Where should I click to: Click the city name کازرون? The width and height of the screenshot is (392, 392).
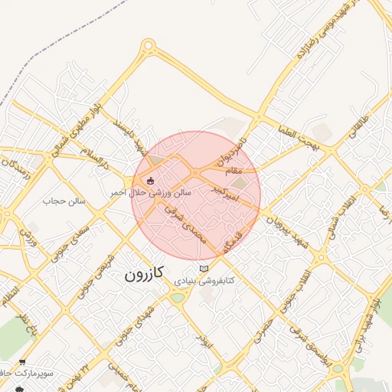click(145, 273)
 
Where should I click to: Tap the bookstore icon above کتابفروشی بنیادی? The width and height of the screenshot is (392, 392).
click(203, 269)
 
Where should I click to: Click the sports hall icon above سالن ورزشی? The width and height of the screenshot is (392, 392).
click(149, 181)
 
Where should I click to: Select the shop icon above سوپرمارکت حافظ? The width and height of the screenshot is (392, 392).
click(22, 363)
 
